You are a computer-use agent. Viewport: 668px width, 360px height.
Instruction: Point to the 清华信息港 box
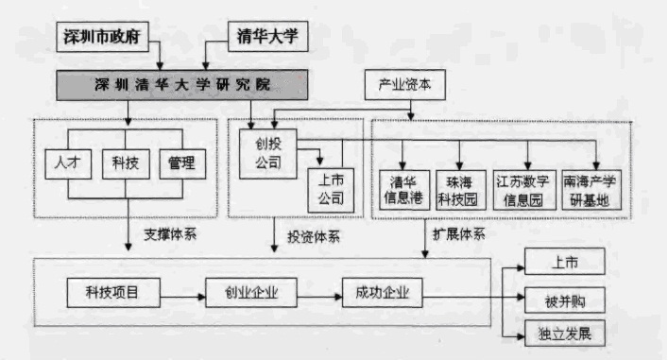pos(404,189)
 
